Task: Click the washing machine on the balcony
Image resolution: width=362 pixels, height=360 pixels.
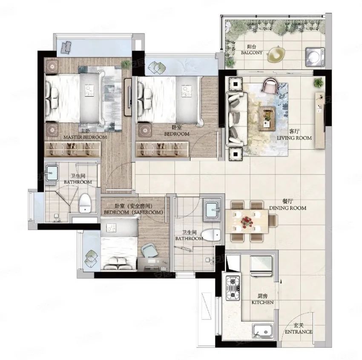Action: point(315,57)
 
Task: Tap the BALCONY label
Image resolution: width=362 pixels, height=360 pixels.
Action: point(252,53)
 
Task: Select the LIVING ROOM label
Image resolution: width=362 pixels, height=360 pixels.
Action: point(294,138)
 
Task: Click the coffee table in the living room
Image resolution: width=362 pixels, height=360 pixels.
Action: point(267,119)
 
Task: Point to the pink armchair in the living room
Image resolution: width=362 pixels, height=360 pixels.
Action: point(271,86)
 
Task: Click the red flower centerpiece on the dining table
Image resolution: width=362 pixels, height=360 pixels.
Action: point(247,221)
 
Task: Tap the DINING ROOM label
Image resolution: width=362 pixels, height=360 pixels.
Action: point(287,208)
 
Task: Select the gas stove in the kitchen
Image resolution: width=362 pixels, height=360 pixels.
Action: point(233,288)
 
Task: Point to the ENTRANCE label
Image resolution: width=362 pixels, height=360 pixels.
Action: point(299,332)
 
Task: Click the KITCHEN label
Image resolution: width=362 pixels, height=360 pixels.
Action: point(262,302)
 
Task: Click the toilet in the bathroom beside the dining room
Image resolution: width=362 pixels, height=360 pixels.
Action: point(211,235)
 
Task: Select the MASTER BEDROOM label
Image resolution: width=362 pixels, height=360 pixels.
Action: point(85,137)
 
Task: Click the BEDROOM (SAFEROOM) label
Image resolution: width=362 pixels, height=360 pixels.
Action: point(133,212)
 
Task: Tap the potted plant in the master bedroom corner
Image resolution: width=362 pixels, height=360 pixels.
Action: point(126,64)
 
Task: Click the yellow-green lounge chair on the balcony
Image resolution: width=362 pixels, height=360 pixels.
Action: point(276,54)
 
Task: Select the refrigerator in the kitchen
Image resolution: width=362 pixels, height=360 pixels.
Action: point(261,266)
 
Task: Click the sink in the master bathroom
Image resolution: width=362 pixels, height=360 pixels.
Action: point(52,173)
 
